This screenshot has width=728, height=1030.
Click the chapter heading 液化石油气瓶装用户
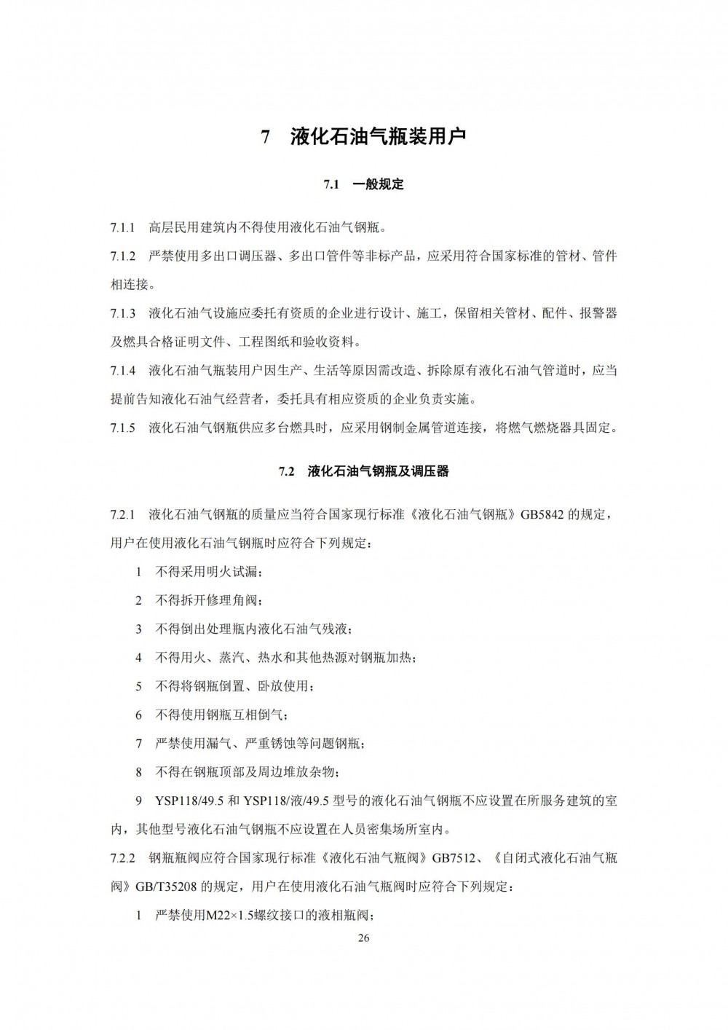click(377, 137)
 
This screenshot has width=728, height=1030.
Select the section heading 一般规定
click(377, 185)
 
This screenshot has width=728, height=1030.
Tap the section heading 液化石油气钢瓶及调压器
click(378, 471)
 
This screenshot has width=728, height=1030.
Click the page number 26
click(364, 938)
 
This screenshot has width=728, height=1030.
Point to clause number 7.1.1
click(123, 228)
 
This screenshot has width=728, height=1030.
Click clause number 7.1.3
click(123, 314)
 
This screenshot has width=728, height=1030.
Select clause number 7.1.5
click(123, 428)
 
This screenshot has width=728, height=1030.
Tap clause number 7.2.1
click(123, 515)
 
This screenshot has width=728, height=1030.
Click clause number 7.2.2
click(123, 858)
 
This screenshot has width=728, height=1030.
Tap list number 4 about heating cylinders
click(138, 658)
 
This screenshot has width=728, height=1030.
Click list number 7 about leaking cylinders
click(138, 744)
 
